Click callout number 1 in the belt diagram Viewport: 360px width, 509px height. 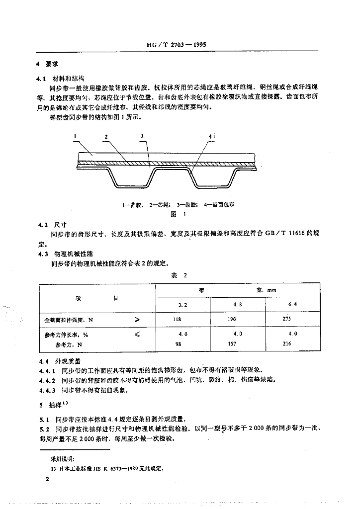[x=75, y=136]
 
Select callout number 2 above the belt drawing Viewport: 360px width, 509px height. [x=106, y=136]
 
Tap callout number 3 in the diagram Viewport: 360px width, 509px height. [x=142, y=136]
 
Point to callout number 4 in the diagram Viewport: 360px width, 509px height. [x=211, y=136]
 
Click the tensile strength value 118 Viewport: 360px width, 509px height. [x=177, y=320]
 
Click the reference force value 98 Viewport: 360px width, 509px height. [x=178, y=344]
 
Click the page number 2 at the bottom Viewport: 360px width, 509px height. [x=47, y=479]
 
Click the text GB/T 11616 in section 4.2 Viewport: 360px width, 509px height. [x=284, y=233]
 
